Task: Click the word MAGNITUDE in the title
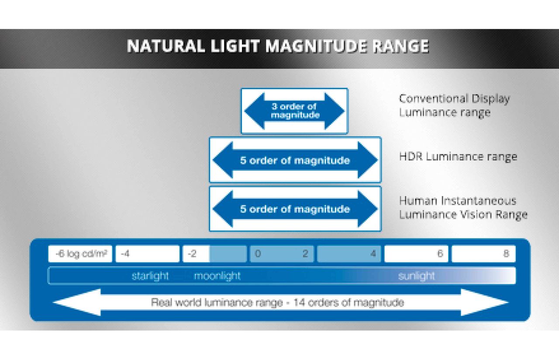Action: click(x=316, y=46)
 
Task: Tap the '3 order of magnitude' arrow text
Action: click(x=295, y=111)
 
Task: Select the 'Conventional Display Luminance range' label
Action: click(x=454, y=105)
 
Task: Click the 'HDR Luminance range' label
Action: click(x=458, y=157)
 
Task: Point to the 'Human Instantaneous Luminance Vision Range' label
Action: click(x=463, y=208)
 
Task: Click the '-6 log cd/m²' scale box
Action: click(x=80, y=254)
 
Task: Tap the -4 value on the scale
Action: click(x=125, y=254)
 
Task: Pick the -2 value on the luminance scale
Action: click(x=192, y=254)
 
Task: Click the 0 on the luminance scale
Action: click(x=258, y=254)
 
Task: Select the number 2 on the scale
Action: click(x=305, y=254)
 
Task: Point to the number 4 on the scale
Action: click(x=373, y=254)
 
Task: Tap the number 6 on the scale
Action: click(x=440, y=254)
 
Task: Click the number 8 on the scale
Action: click(x=506, y=254)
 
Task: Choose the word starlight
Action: click(x=150, y=276)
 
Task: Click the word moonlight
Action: click(x=217, y=276)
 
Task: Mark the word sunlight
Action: click(x=417, y=276)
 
